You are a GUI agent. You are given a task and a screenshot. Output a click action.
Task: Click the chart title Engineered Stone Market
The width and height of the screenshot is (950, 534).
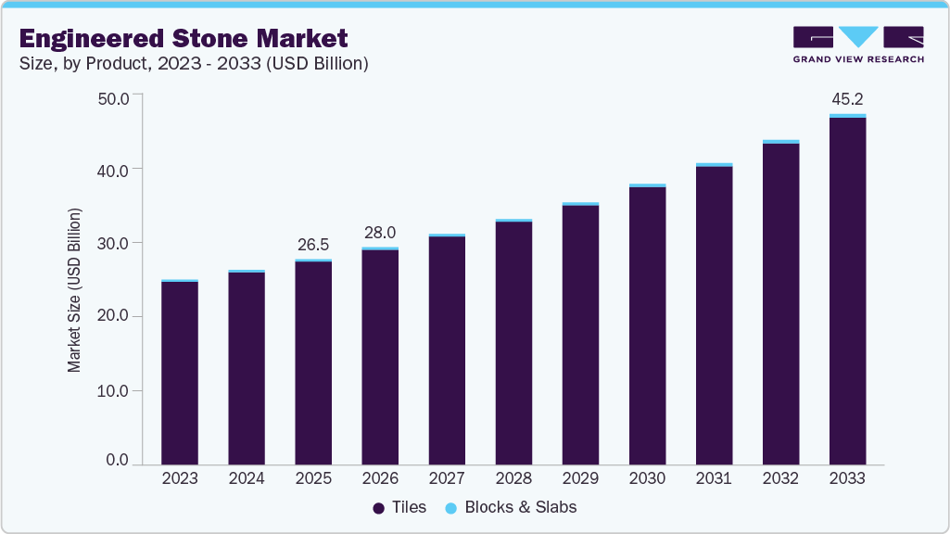tap(184, 38)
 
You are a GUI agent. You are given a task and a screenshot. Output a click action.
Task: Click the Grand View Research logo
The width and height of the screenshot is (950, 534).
tap(857, 44)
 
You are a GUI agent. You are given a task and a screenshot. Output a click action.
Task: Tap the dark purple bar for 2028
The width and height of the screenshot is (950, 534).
tap(513, 343)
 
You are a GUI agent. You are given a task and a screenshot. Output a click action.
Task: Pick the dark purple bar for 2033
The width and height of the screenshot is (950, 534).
tap(847, 291)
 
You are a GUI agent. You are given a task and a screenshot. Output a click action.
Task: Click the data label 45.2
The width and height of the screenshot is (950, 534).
tap(847, 99)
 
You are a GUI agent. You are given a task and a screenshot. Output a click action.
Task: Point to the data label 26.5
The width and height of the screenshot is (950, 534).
tap(313, 245)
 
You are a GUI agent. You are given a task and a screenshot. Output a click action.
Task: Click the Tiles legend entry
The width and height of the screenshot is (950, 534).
tap(399, 507)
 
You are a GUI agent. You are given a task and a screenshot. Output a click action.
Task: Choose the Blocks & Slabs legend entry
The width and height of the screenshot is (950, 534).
tap(511, 507)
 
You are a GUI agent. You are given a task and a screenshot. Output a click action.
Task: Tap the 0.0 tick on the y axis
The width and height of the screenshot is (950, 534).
tap(117, 461)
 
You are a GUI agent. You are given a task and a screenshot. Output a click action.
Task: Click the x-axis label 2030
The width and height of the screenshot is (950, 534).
tap(647, 479)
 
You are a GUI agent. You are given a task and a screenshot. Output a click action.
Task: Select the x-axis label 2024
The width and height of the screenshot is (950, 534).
tap(247, 479)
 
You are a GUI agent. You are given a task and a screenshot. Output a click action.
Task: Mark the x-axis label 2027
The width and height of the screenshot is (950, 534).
tap(447, 479)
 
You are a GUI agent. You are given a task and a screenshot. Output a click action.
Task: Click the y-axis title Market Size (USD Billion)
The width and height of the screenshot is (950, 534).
tap(74, 290)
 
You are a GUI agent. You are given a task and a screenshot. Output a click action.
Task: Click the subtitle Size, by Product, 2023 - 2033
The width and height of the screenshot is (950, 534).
tap(194, 64)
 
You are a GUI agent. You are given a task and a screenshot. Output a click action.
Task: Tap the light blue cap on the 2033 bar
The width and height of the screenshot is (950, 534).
tap(847, 116)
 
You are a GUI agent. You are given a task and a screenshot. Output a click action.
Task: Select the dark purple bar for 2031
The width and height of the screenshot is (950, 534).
tap(714, 315)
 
